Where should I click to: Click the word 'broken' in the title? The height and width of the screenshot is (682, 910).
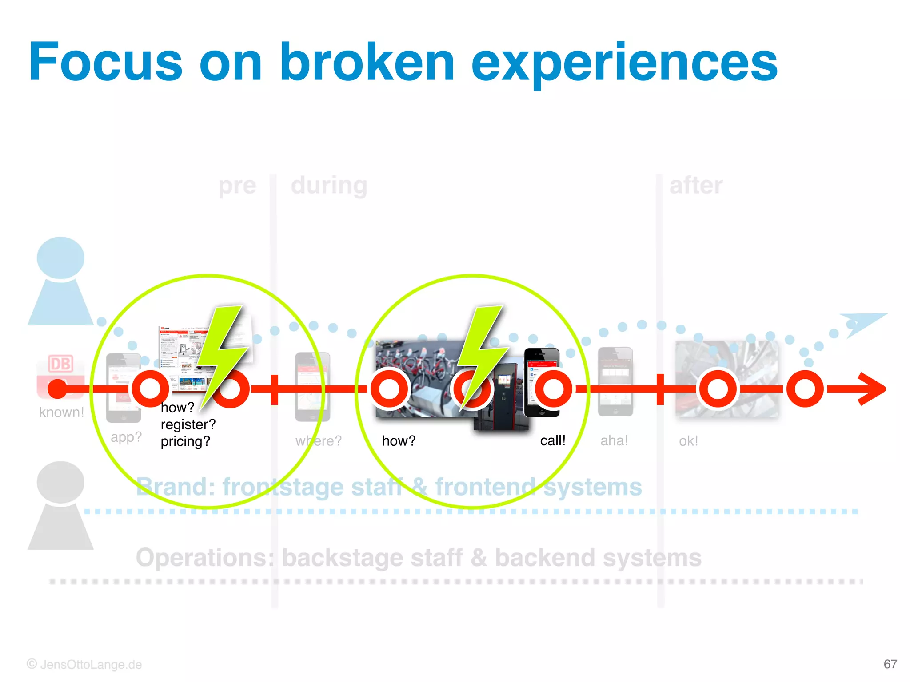[x=367, y=62]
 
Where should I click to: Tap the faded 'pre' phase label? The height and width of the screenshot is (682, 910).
[x=237, y=185]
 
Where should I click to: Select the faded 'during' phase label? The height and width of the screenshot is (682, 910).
[x=329, y=185]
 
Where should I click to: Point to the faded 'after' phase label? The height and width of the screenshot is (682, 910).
[x=696, y=185]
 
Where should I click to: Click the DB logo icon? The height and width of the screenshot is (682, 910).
[x=60, y=364]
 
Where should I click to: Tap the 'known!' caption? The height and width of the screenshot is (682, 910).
[x=61, y=412]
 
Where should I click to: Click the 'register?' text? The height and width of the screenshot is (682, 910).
[x=188, y=424]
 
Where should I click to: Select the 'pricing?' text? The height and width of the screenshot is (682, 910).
[x=185, y=441]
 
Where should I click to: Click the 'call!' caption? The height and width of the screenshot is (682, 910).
[x=553, y=440]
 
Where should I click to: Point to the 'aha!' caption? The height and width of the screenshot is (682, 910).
[x=614, y=440]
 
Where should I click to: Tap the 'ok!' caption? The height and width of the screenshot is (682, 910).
[x=688, y=441]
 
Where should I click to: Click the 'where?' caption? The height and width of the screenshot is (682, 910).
[x=319, y=441]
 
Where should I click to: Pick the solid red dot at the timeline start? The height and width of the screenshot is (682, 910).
[x=57, y=389]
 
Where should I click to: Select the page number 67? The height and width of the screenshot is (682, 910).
[x=890, y=664]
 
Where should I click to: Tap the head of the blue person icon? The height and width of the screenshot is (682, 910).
[x=60, y=258]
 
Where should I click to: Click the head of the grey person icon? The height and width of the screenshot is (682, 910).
[x=60, y=482]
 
